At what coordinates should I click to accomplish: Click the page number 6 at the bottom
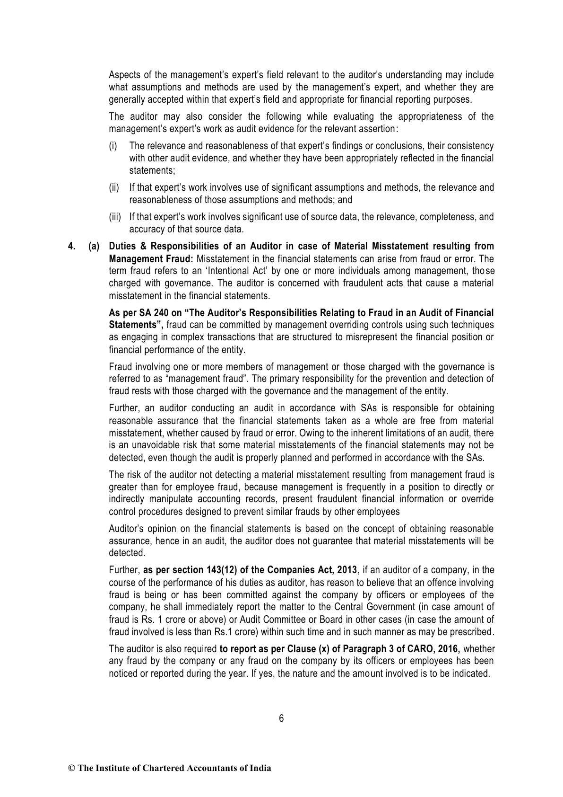(x=281, y=718)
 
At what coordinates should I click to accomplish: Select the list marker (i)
(x=113, y=146)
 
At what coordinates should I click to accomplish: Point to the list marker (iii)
(x=115, y=217)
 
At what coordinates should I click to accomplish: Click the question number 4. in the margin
(x=72, y=246)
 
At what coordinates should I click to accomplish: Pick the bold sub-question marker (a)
(x=95, y=246)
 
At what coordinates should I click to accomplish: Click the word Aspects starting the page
(x=124, y=75)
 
